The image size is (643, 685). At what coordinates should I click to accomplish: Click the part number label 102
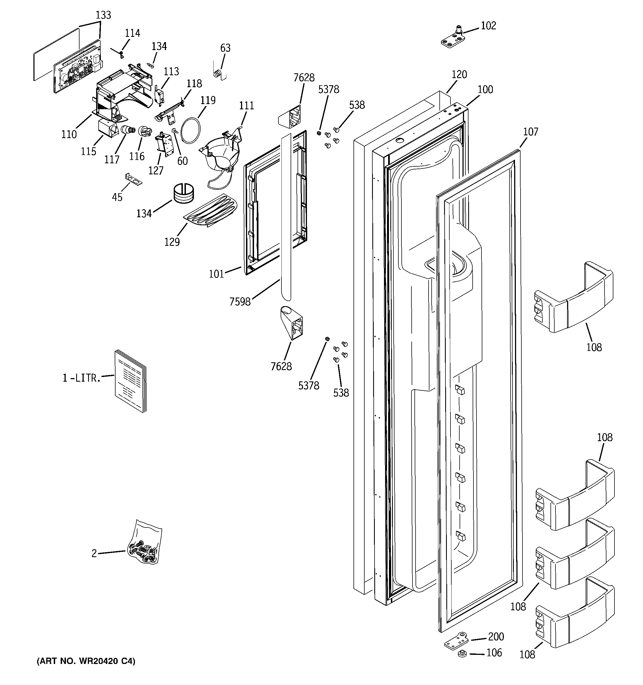pos(488,26)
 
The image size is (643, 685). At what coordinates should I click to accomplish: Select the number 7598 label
pos(240,302)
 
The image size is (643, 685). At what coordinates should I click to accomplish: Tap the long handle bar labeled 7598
pos(286,217)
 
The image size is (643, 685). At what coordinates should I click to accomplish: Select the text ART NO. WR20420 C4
pos(86,661)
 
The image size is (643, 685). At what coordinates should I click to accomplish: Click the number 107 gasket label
pos(530,132)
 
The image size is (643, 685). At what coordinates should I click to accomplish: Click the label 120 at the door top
pos(459,74)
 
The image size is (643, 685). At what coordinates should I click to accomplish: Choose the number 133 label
pos(103,15)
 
